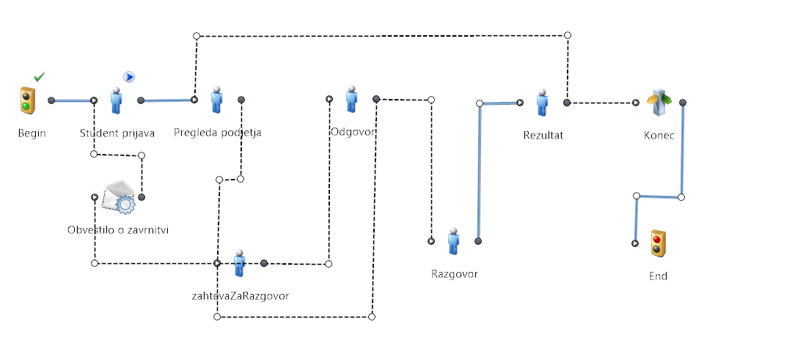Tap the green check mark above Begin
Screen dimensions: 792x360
click(39, 76)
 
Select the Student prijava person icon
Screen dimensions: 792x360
click(116, 100)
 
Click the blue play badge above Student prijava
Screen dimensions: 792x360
click(129, 77)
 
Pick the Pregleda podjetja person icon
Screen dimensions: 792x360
click(216, 100)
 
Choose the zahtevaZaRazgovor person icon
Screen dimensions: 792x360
click(239, 263)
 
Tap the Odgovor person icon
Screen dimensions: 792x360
click(352, 99)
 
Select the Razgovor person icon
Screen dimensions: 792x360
click(454, 241)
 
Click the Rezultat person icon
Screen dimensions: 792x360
click(542, 103)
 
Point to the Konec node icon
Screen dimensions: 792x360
click(659, 103)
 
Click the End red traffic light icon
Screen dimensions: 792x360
click(658, 243)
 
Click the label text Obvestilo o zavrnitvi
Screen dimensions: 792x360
click(117, 230)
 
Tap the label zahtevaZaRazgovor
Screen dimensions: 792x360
click(241, 296)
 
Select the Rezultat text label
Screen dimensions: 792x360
click(543, 136)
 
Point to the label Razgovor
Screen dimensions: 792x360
click(455, 274)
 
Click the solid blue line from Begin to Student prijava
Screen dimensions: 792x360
click(72, 100)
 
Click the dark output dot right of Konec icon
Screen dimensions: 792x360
click(683, 103)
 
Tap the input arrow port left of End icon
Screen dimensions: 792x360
click(635, 243)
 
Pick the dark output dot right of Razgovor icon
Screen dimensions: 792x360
click(478, 241)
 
